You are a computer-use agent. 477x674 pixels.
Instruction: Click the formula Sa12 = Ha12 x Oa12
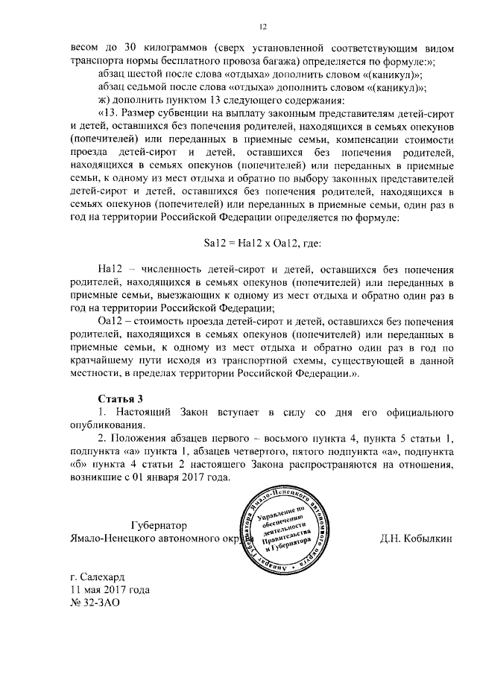pos(262,242)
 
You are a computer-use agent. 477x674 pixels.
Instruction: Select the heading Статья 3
pos(120,398)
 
